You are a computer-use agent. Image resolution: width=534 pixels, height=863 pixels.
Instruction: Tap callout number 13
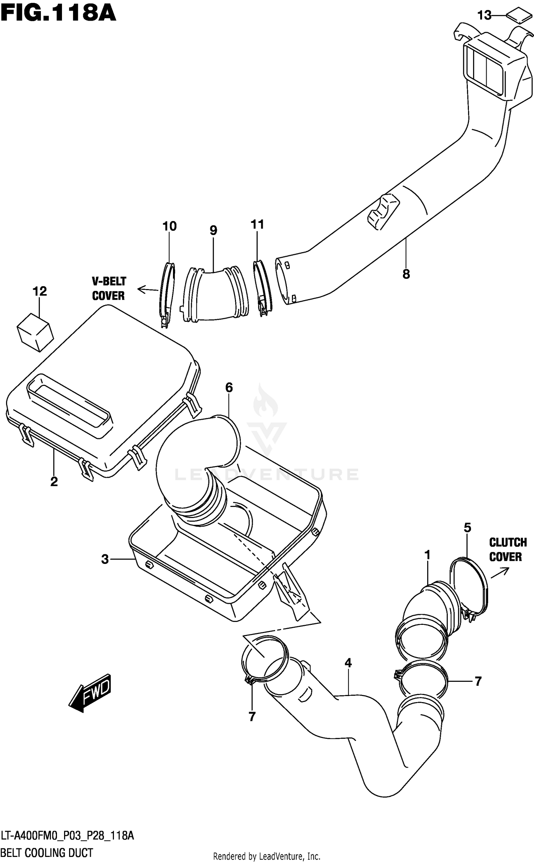coord(484,15)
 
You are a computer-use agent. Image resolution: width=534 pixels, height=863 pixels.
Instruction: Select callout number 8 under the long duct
coord(406,274)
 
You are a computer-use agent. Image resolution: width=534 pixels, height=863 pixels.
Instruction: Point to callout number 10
coord(169,226)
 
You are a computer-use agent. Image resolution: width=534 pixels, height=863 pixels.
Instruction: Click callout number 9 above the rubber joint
coord(213,230)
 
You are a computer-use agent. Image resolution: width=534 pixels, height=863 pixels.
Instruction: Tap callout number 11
coord(257,224)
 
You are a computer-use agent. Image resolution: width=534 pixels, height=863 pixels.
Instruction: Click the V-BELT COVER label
coord(109,288)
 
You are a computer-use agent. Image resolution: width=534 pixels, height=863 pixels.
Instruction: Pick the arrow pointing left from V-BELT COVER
coord(147,290)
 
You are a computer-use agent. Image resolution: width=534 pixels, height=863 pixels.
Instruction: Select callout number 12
coord(40,291)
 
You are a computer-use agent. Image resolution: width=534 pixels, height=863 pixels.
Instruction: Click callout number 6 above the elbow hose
coord(229,387)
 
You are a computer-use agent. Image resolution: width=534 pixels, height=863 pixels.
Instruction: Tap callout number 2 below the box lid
coord(54,482)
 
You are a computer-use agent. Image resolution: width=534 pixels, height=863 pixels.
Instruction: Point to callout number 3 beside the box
coord(105,559)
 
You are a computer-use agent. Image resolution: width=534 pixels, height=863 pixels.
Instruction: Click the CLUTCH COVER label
coord(507,549)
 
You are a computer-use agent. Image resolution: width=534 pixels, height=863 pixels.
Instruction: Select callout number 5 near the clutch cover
coord(467,527)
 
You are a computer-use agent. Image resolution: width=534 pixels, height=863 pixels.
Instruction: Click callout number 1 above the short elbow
coord(427,555)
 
